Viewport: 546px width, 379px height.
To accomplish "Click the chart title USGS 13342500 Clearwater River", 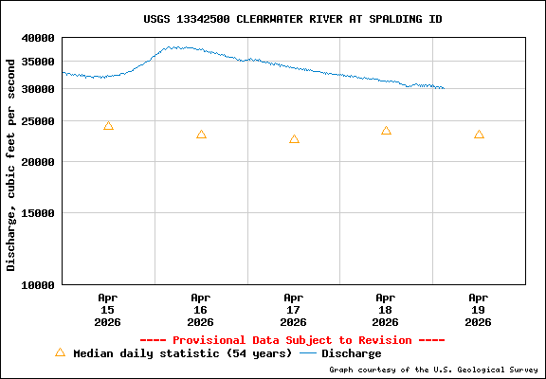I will coord(292,19).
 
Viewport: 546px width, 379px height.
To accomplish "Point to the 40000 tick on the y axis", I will coord(38,38).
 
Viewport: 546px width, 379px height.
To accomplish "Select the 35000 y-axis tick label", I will coord(38,62).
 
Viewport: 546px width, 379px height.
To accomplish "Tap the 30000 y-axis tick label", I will coord(38,89).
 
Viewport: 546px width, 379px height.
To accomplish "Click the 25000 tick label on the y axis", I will coord(38,121).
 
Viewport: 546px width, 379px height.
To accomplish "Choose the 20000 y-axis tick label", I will coord(38,162).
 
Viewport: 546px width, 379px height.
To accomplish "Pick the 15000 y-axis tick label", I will coord(38,213).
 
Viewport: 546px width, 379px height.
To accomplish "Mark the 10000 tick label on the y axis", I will coord(38,284).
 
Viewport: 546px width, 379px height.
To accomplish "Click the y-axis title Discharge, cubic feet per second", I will coord(11,164).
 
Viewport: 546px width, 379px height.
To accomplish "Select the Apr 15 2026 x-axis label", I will coord(107,309).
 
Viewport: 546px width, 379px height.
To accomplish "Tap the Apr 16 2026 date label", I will coord(200,309).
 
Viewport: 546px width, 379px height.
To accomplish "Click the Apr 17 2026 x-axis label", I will coord(293,309).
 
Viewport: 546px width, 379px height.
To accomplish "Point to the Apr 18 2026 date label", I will coord(386,309).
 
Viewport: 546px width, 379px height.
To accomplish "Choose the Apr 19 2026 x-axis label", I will coord(479,309).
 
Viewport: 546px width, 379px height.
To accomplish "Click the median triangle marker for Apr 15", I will coord(108,126).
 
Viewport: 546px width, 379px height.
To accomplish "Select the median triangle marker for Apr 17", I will coord(294,139).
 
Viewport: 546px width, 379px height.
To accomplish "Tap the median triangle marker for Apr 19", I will coord(479,135).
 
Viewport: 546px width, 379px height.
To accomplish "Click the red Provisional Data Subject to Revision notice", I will coord(292,340).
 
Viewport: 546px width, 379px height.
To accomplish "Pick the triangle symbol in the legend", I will coord(60,352).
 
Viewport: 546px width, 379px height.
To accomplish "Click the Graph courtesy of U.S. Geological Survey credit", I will coord(433,370).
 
